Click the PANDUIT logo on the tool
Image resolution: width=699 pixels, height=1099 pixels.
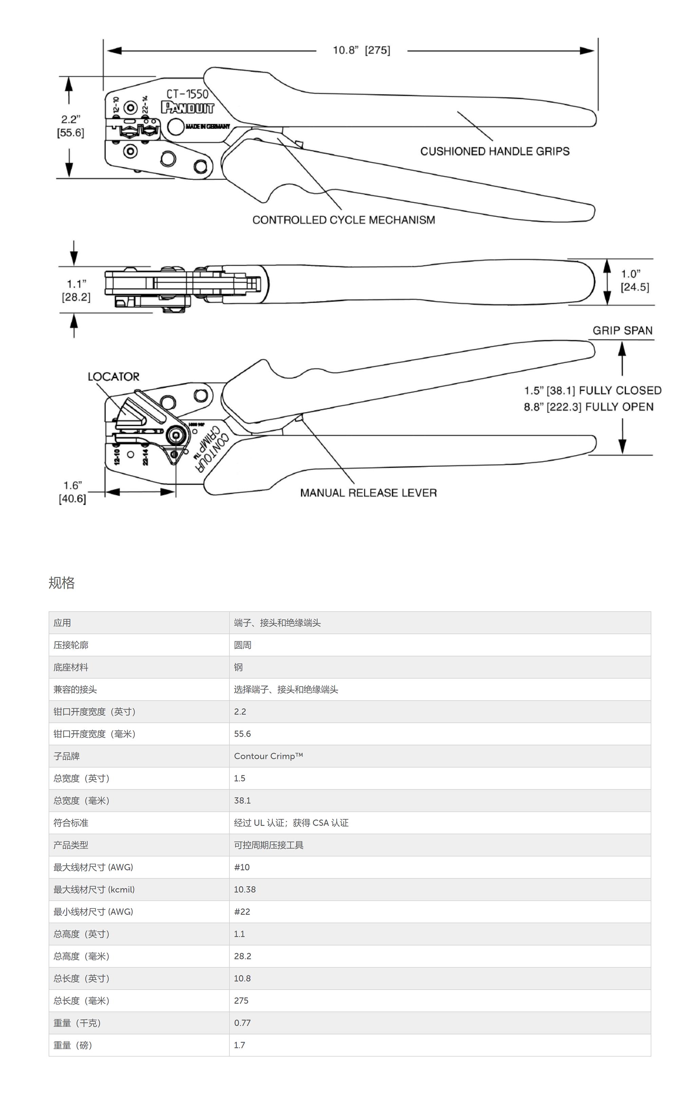188,108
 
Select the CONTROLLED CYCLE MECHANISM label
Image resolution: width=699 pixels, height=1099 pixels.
343,220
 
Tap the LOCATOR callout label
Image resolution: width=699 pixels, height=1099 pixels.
113,377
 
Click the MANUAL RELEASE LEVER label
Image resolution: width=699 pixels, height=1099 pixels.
368,493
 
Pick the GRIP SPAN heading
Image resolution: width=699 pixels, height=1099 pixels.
622,330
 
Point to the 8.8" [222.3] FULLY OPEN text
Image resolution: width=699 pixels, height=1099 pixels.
588,407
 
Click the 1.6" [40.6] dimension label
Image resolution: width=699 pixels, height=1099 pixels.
73,492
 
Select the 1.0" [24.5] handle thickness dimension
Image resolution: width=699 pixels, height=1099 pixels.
634,280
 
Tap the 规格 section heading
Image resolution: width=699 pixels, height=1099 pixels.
62,583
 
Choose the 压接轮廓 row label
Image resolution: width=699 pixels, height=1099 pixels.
71,645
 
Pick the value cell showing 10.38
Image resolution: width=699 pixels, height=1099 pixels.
245,889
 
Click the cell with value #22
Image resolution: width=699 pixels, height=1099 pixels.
242,911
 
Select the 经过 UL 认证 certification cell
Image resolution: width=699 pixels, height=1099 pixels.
291,823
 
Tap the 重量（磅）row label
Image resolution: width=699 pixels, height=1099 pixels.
73,1045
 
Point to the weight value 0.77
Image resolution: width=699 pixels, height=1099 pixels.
242,1023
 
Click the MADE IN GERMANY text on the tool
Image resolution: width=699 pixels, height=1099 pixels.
208,127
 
